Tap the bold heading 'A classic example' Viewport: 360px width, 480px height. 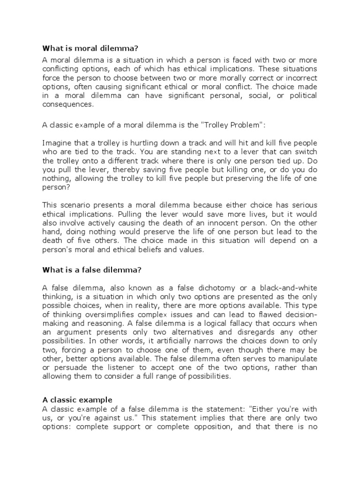[x=77, y=400]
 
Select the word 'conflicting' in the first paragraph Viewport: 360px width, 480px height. [x=63, y=69]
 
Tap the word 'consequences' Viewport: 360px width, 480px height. [x=67, y=105]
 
